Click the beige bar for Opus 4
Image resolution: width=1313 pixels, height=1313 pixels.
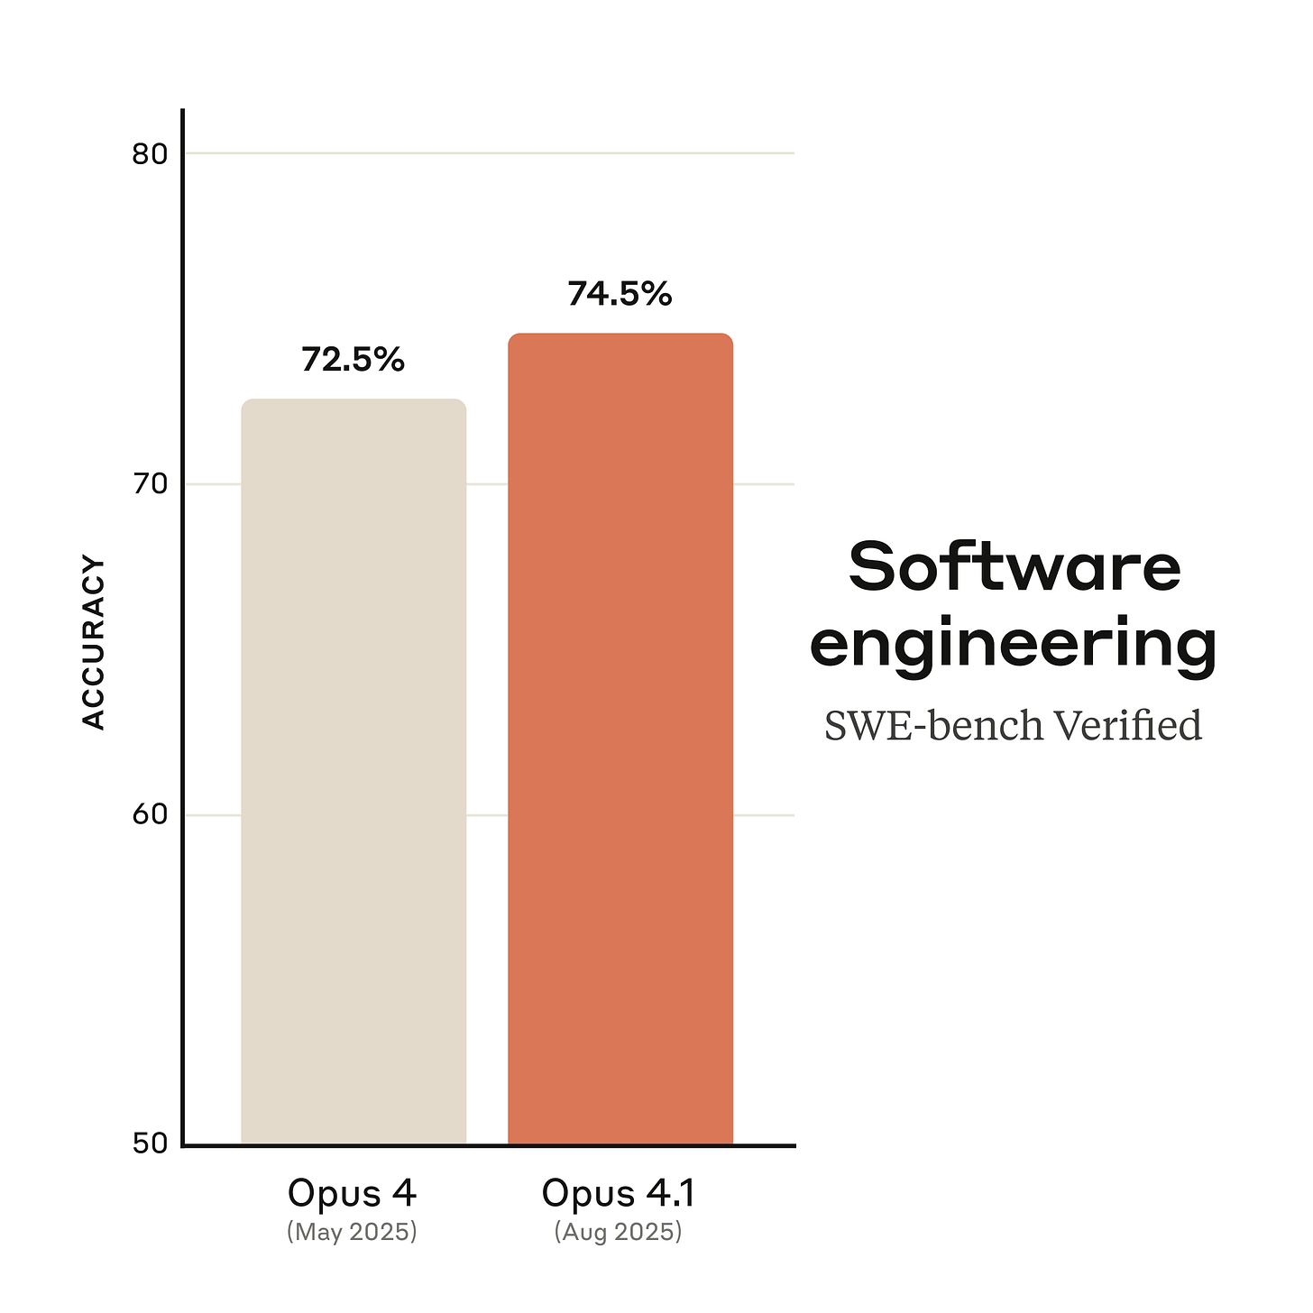pyautogui.click(x=353, y=772)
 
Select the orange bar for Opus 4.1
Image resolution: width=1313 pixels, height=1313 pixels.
pyautogui.click(x=620, y=739)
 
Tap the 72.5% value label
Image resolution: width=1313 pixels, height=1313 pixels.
pyautogui.click(x=353, y=360)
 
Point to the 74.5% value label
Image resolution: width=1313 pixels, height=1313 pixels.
pyautogui.click(x=620, y=294)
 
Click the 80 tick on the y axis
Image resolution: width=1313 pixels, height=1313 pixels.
pyautogui.click(x=150, y=154)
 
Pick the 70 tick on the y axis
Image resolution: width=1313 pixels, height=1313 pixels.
pyautogui.click(x=150, y=485)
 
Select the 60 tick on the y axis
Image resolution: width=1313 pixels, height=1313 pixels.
pyautogui.click(x=150, y=815)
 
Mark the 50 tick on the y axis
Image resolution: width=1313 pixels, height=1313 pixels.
pyautogui.click(x=150, y=1143)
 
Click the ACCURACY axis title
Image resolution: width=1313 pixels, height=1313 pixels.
pyautogui.click(x=94, y=643)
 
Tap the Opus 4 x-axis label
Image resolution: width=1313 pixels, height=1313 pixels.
pyautogui.click(x=352, y=1193)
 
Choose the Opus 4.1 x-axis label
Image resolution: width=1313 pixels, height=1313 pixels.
pyautogui.click(x=619, y=1193)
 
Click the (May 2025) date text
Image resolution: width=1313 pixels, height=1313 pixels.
pyautogui.click(x=352, y=1232)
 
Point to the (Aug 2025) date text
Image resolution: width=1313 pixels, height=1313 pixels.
pyautogui.click(x=619, y=1232)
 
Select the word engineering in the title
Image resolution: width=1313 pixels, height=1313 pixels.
pyautogui.click(x=1014, y=646)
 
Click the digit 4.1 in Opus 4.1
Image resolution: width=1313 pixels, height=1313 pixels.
pyautogui.click(x=670, y=1193)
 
